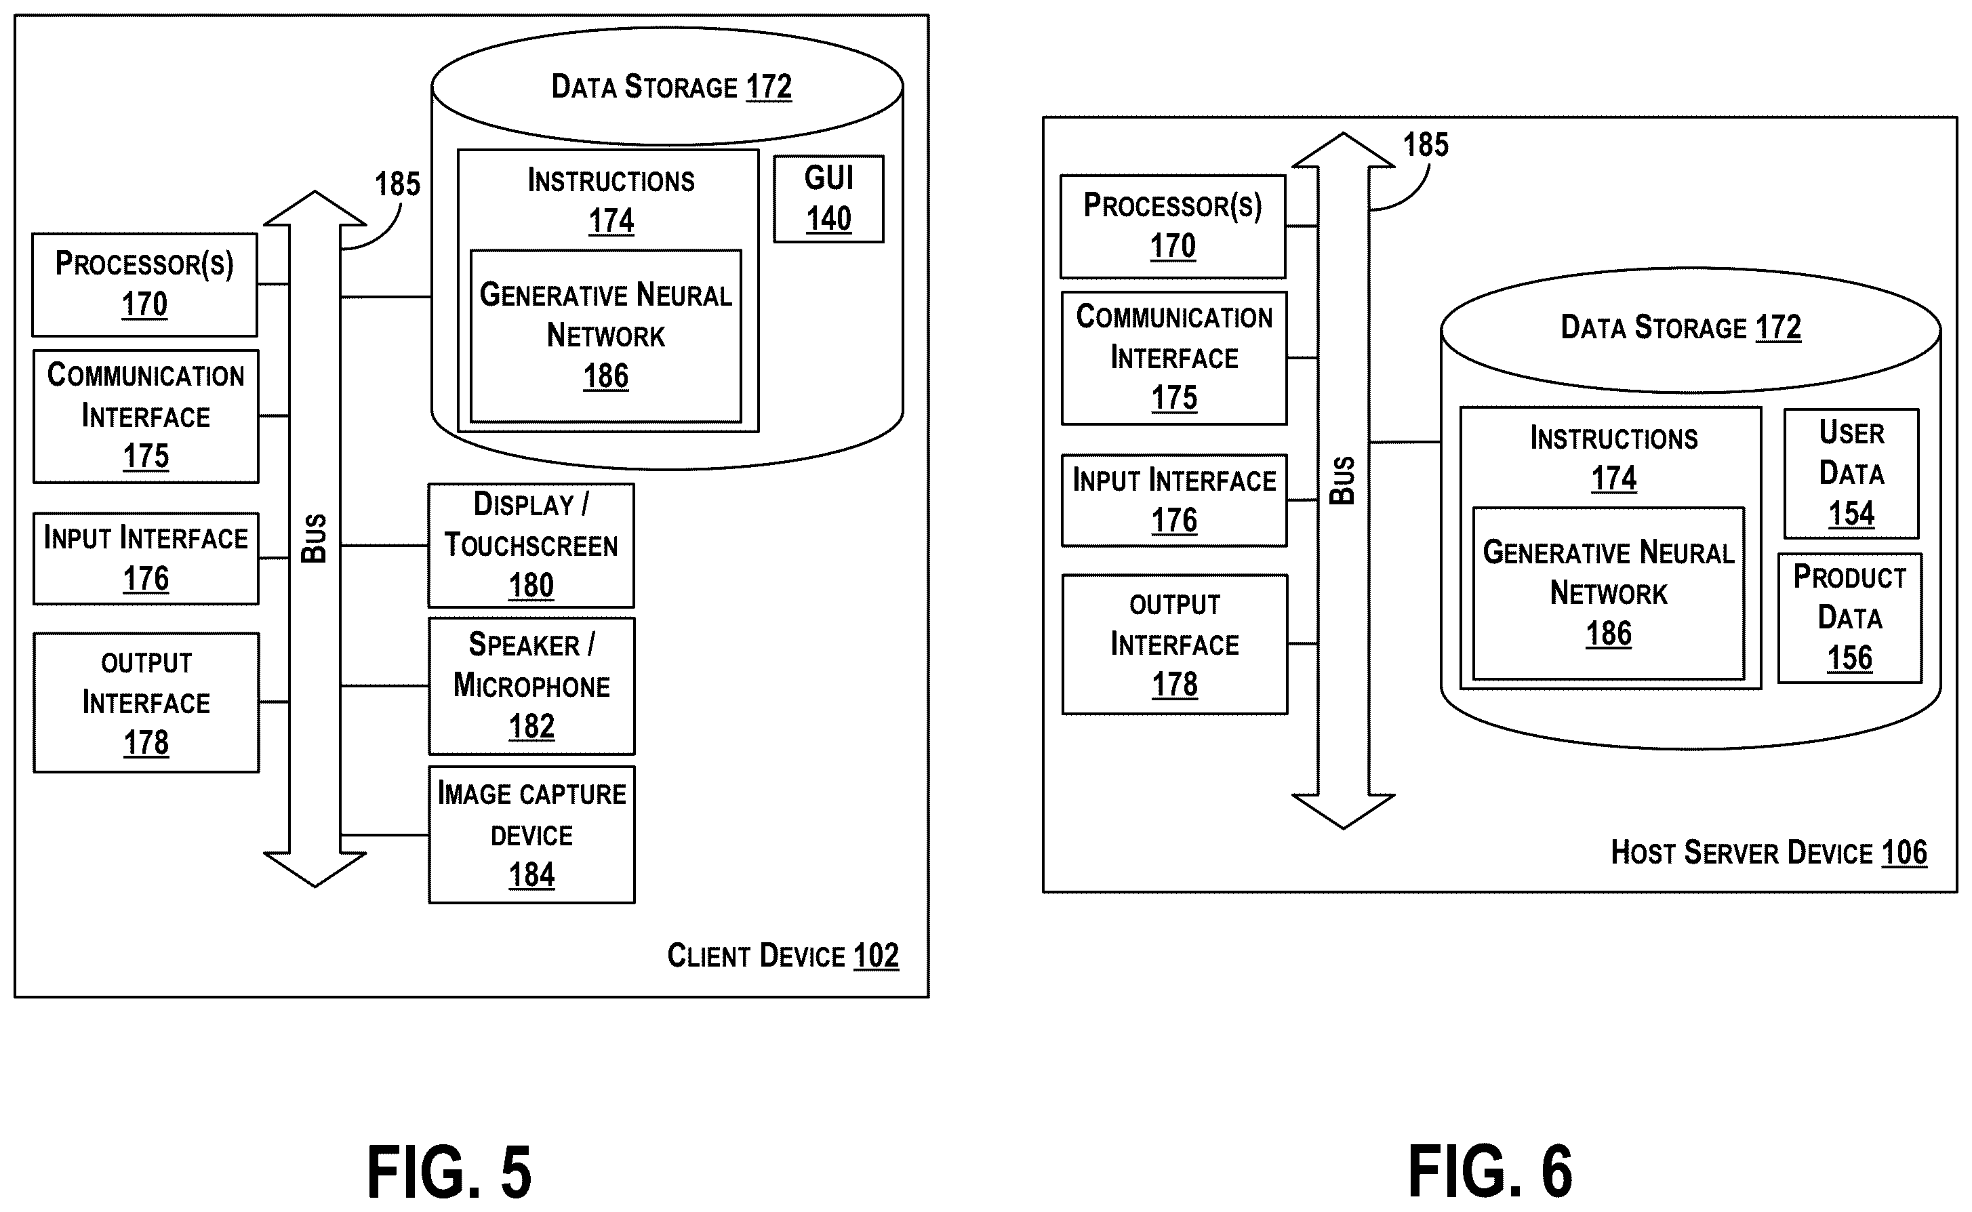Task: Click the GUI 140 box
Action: coord(828,199)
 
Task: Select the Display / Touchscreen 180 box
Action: coord(531,545)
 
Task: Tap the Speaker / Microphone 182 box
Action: coord(531,686)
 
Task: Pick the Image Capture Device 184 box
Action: coord(531,834)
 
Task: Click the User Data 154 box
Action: coord(1851,474)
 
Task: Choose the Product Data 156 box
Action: coord(1849,618)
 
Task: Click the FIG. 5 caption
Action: coord(449,1172)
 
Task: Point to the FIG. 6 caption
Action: coord(1490,1172)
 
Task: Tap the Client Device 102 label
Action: coord(783,956)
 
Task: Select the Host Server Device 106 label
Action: coord(1769,852)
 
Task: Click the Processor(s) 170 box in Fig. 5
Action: coord(144,285)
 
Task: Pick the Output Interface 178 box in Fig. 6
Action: coord(1174,645)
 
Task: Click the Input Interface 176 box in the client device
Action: coord(146,559)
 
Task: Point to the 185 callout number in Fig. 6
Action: coord(1426,145)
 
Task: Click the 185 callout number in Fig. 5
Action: coord(398,184)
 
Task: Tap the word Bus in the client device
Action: coord(315,539)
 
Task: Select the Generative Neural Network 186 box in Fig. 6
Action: coord(1608,593)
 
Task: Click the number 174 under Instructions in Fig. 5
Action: coord(611,220)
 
